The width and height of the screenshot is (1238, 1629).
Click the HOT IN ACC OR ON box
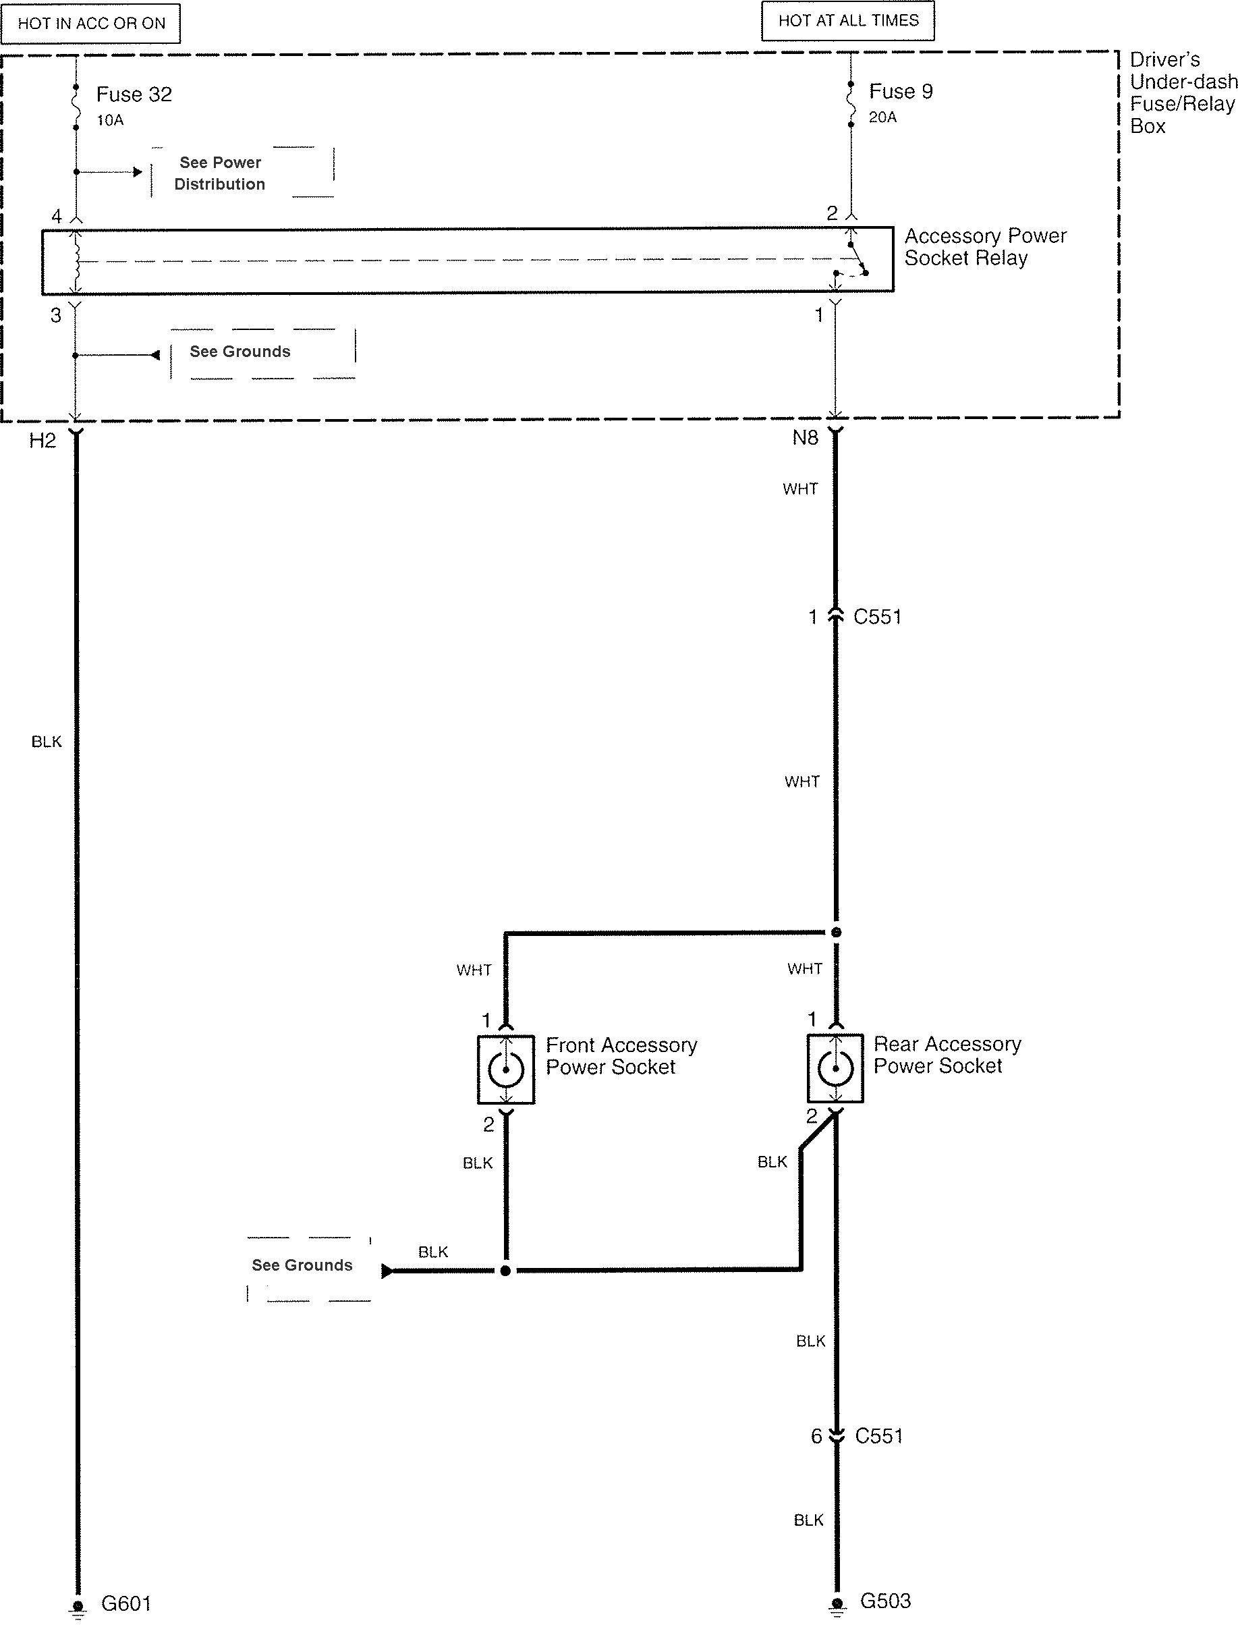pyautogui.click(x=90, y=24)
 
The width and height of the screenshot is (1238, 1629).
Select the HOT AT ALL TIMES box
pyautogui.click(x=848, y=21)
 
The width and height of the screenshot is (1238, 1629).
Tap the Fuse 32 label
pyautogui.click(x=134, y=94)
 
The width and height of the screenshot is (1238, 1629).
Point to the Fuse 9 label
pyautogui.click(x=901, y=91)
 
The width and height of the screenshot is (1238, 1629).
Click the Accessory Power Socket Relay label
pyautogui.click(x=985, y=247)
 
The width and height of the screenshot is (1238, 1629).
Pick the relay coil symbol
pyautogui.click(x=76, y=261)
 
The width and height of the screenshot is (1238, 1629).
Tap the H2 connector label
pyautogui.click(x=42, y=441)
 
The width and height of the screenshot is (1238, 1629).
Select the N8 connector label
pyautogui.click(x=806, y=438)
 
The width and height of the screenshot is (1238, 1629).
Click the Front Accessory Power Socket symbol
pyautogui.click(x=505, y=1069)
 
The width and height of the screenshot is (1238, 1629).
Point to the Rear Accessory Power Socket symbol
pyautogui.click(x=835, y=1068)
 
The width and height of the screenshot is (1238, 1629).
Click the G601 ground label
pyautogui.click(x=126, y=1604)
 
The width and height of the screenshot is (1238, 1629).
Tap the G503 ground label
pyautogui.click(x=885, y=1601)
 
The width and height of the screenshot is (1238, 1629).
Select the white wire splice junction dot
pyautogui.click(x=836, y=933)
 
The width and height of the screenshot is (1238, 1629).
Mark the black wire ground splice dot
pyautogui.click(x=505, y=1271)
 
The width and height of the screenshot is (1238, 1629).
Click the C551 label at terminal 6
pyautogui.click(x=879, y=1436)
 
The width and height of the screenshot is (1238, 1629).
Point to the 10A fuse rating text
pyautogui.click(x=110, y=120)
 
